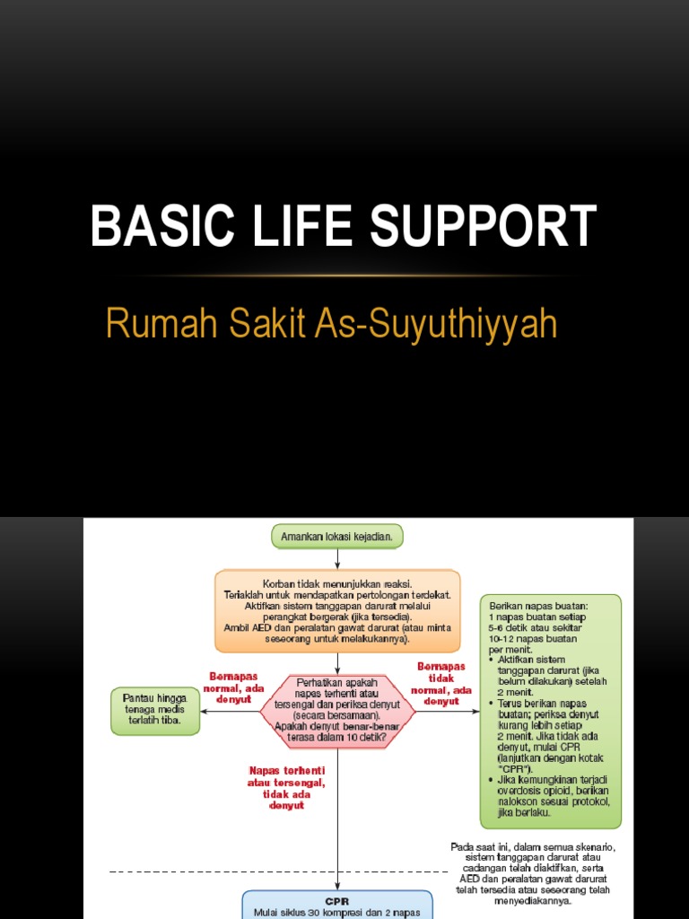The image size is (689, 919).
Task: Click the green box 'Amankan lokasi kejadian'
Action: point(337,537)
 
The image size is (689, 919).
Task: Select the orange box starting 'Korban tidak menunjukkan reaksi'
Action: point(337,610)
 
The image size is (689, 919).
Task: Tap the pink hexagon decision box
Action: point(337,712)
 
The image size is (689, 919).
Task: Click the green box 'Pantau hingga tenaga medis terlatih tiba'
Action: point(155,712)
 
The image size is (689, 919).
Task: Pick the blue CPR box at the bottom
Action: point(337,905)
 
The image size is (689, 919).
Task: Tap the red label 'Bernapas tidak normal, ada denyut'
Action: point(440,684)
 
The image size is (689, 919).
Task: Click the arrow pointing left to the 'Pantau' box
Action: point(230,712)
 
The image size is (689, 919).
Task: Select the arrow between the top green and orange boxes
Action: point(337,558)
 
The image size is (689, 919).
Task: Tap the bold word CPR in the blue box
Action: point(337,900)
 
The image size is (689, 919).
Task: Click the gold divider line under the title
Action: point(344,275)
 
